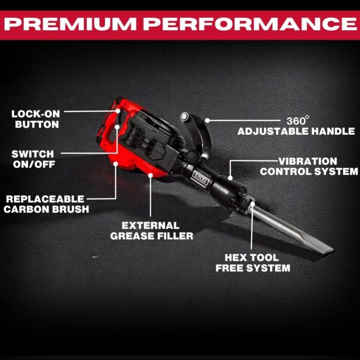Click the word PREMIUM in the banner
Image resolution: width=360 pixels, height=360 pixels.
70,24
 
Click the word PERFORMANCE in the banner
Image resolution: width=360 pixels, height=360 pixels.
250,24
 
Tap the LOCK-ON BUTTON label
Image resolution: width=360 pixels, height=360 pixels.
35,119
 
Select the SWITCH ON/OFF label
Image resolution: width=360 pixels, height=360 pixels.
33,159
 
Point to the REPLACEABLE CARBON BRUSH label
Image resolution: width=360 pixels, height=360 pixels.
46,204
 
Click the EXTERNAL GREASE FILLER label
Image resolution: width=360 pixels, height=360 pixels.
152,231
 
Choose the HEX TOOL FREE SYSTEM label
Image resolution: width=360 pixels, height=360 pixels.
253,263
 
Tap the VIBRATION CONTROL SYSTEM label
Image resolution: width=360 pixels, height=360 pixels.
309,167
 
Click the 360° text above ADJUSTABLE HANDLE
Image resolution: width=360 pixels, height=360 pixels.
298,120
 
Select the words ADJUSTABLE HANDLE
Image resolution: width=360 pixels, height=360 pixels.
296,131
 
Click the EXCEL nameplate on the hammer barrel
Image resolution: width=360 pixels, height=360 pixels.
201,178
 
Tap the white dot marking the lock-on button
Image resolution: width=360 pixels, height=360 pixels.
118,111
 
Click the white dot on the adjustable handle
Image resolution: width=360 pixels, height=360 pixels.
207,120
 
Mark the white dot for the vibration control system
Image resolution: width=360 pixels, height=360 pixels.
230,178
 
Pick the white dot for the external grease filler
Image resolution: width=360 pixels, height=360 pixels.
150,175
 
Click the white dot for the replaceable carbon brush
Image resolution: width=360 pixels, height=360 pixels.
116,164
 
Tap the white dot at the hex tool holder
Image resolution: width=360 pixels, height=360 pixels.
253,204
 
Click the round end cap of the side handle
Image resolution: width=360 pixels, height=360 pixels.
184,117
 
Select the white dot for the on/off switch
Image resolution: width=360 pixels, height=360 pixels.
117,127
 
